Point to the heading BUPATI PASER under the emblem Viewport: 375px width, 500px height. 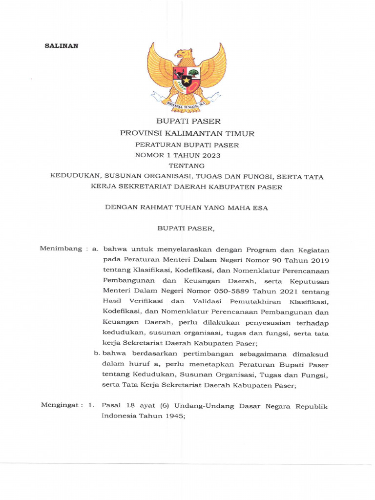pos(188,121)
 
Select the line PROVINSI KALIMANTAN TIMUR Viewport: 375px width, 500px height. pos(187,133)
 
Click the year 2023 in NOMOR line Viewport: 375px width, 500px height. pos(209,155)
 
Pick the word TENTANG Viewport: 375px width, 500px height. pos(187,166)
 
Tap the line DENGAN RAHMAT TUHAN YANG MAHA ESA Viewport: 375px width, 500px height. pos(187,208)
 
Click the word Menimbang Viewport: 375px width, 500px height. pos(61,249)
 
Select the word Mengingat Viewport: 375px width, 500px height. pos(61,406)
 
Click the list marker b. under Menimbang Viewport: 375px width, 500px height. pos(97,354)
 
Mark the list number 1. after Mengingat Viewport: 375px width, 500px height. pos(90,406)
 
